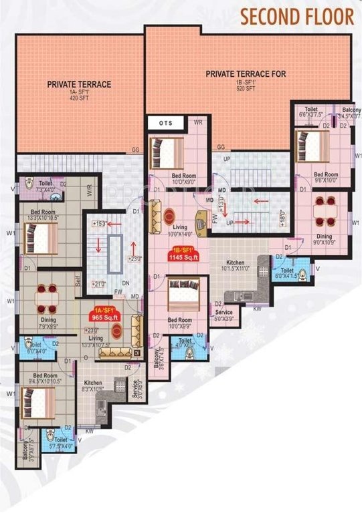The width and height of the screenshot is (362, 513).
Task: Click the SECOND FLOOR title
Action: click(296, 16)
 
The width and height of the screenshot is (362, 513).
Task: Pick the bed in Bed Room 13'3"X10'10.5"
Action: click(40, 237)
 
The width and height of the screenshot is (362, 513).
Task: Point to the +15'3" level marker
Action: click(101, 223)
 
